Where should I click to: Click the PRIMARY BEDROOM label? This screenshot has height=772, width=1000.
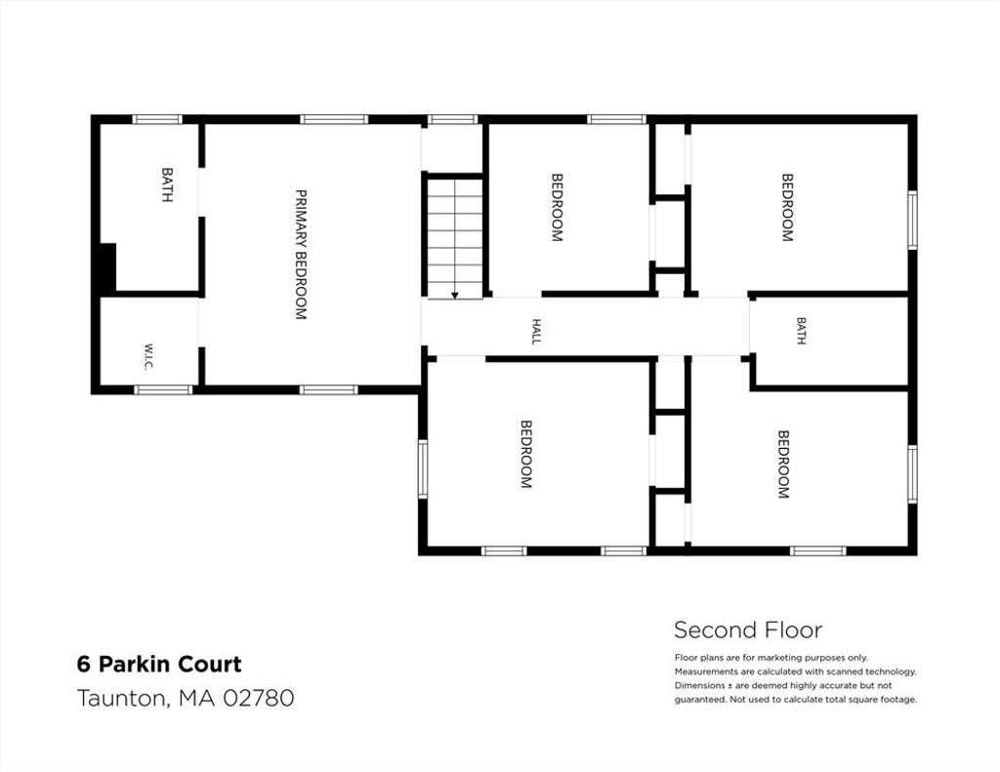[x=301, y=254]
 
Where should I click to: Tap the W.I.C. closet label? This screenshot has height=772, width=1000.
[x=148, y=356]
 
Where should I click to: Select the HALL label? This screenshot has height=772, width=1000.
[x=536, y=332]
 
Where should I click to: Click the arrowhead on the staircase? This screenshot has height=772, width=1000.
[x=455, y=295]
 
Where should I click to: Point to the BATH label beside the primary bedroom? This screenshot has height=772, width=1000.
[x=166, y=184]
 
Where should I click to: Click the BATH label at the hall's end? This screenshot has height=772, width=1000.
[x=801, y=331]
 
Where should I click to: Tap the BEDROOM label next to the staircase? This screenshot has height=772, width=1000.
[x=557, y=208]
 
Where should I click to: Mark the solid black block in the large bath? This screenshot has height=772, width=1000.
[x=107, y=267]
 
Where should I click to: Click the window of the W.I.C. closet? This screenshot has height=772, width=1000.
[x=163, y=389]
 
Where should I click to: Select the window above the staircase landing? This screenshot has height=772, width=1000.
[x=452, y=119]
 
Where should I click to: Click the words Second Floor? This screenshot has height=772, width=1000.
[x=748, y=630]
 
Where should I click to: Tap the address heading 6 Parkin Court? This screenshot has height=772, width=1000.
[x=159, y=665]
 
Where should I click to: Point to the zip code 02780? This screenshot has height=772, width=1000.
[x=258, y=698]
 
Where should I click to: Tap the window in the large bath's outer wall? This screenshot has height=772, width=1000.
[x=157, y=119]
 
